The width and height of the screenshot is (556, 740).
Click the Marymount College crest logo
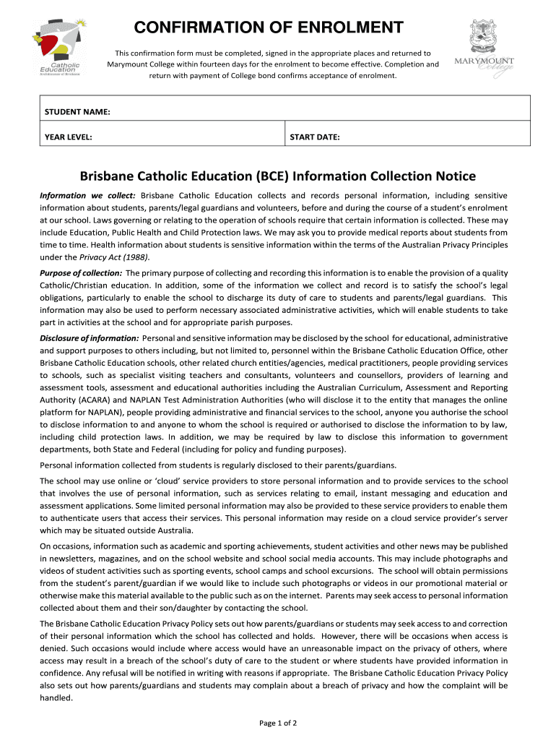tap(484, 46)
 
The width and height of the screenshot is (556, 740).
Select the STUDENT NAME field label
tap(77, 112)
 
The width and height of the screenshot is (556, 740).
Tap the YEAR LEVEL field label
tap(68, 137)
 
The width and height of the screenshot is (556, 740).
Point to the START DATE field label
tap(315, 137)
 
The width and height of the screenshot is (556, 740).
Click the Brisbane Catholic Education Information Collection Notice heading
tap(277, 176)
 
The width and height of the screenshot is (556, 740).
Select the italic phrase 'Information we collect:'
tap(87, 196)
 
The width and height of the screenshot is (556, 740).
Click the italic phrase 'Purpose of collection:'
tap(81, 273)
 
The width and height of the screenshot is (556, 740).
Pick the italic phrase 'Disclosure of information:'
tap(90, 338)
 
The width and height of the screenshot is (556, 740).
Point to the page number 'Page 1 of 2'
tap(278, 723)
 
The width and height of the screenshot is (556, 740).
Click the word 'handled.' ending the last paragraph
tap(56, 698)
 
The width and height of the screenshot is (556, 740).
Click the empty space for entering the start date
tap(433, 137)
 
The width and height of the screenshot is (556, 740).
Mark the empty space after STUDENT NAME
tap(318, 112)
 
